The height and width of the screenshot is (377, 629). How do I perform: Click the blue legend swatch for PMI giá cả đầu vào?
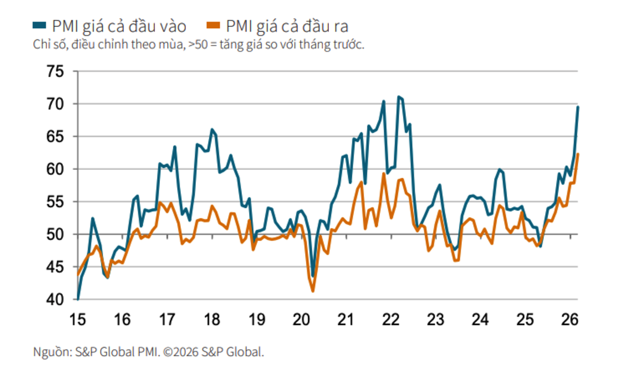(40, 26)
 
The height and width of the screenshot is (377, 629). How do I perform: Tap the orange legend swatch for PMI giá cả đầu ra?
(214, 26)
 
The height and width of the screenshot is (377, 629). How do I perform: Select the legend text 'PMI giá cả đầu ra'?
(287, 26)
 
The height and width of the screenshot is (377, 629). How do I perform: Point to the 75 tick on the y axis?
(55, 72)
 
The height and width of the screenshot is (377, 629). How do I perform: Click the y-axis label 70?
(55, 104)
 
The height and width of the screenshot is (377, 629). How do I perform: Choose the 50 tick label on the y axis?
(55, 235)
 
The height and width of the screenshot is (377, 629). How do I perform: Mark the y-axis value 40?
(55, 299)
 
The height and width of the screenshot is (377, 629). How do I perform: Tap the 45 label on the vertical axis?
(55, 267)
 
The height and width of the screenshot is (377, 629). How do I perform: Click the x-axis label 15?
(78, 320)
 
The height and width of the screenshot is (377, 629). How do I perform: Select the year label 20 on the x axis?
(301, 320)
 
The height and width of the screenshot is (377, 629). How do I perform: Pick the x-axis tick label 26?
(570, 320)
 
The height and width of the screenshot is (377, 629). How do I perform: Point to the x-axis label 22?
(391, 320)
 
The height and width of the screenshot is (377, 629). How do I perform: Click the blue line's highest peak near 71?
(398, 96)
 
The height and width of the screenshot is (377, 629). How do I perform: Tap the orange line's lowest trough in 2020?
(313, 291)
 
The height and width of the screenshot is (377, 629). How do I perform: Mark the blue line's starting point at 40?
(78, 299)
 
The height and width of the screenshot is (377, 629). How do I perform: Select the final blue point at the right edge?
(577, 107)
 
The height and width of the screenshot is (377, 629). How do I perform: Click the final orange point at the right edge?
(577, 154)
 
